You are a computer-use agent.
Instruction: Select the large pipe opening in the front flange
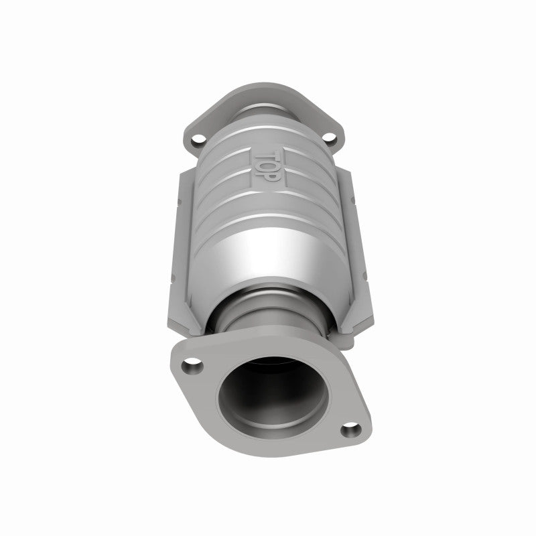(272, 400)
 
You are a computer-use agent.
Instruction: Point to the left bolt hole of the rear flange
(197, 141)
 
